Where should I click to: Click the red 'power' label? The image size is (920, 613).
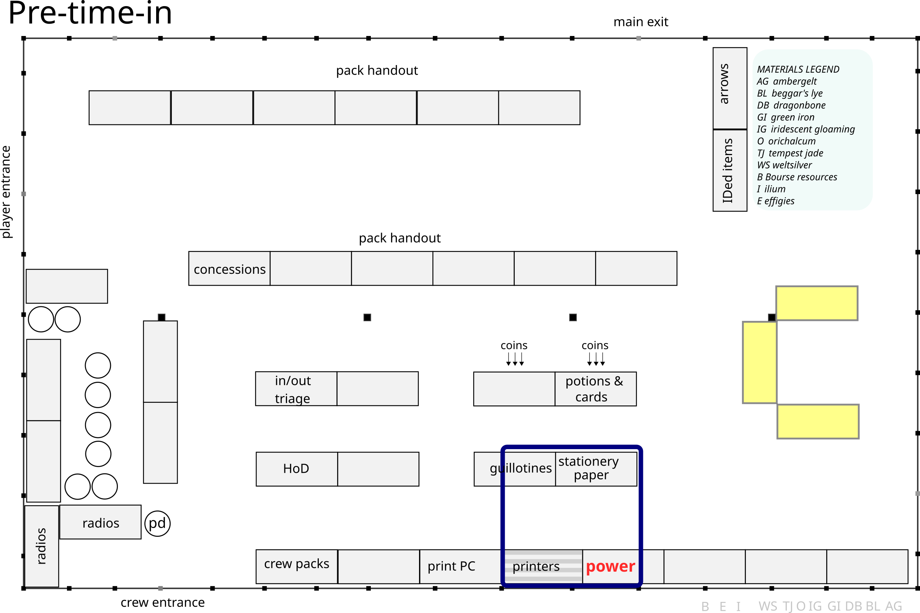point(610,566)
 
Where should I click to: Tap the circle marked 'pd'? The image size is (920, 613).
point(157,523)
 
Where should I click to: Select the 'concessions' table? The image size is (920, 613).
point(229,268)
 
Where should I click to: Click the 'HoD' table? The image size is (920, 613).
point(297,469)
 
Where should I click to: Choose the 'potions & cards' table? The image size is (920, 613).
point(595,389)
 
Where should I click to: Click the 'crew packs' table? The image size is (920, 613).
point(297,566)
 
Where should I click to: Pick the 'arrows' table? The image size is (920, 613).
point(730,88)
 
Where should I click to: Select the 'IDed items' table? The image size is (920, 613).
point(730,170)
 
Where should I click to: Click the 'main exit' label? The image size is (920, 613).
point(641,22)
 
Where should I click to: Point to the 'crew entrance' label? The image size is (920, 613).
point(163,602)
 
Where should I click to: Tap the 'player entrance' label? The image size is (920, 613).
point(6,191)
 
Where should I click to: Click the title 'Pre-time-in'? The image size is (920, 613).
point(90,13)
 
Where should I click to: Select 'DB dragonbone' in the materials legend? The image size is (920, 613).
point(791,105)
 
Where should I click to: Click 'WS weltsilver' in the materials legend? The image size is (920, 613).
point(784,165)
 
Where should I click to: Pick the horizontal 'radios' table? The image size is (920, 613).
point(100,522)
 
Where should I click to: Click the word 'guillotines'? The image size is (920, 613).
point(521,468)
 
